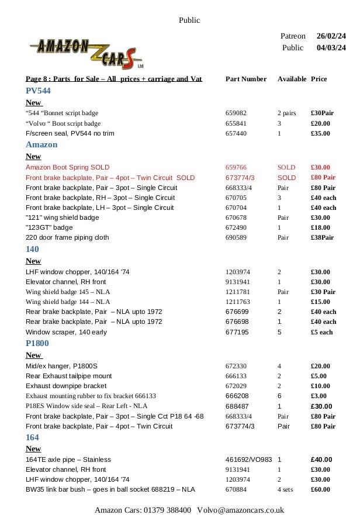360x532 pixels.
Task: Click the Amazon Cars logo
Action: click(86, 51)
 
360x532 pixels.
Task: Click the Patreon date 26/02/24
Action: click(331, 36)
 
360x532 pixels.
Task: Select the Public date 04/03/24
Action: click(331, 48)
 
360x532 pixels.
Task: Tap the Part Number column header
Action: click(245, 79)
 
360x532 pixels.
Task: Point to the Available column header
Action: click(292, 79)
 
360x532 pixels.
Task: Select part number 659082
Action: click(236, 113)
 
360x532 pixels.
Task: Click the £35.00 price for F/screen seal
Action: click(320, 133)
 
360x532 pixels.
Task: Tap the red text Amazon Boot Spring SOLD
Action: click(67, 167)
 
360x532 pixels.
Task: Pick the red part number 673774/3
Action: click(240, 177)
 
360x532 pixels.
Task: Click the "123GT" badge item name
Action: click(49, 227)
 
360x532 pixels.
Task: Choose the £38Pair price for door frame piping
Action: click(322, 238)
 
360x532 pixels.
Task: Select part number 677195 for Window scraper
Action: click(236, 332)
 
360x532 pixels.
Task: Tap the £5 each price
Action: click(321, 332)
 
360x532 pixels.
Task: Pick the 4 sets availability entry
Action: click(285, 489)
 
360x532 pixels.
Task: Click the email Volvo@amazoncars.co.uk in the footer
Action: click(240, 510)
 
